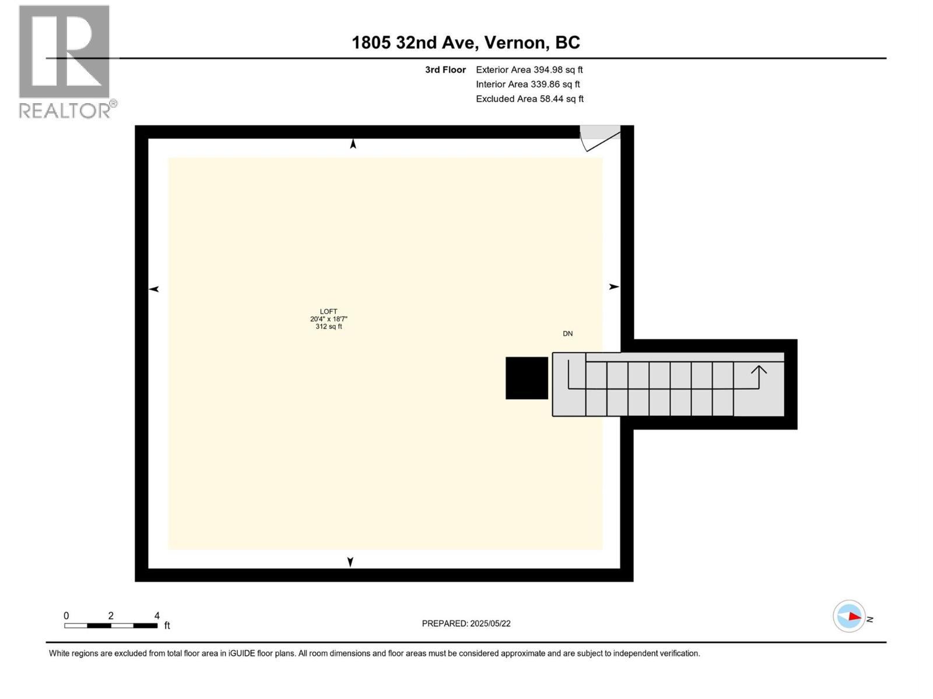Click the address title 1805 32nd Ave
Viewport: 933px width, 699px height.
[x=465, y=43]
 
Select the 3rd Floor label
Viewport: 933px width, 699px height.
[x=446, y=70]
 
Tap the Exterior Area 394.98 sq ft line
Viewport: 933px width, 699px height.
[x=529, y=70]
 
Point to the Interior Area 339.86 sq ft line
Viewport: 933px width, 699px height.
[x=528, y=84]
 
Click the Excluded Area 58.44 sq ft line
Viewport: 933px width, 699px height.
[x=529, y=99]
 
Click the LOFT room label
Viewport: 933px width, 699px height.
[x=328, y=312]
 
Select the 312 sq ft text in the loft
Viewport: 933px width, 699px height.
[x=328, y=327]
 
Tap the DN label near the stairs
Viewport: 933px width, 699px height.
[x=567, y=334]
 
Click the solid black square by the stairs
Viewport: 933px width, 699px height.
[x=527, y=378]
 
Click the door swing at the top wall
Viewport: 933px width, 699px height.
[x=600, y=138]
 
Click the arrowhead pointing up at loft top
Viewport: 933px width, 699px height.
[x=353, y=144]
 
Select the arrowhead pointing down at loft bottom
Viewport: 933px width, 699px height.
[x=350, y=562]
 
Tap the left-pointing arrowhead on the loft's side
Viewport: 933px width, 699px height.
[x=154, y=289]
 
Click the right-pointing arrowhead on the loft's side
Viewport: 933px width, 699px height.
[x=614, y=287]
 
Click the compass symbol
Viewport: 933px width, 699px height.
[x=849, y=616]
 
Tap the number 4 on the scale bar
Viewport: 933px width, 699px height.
[x=157, y=616]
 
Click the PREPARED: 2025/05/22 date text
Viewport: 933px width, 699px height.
[x=466, y=623]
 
